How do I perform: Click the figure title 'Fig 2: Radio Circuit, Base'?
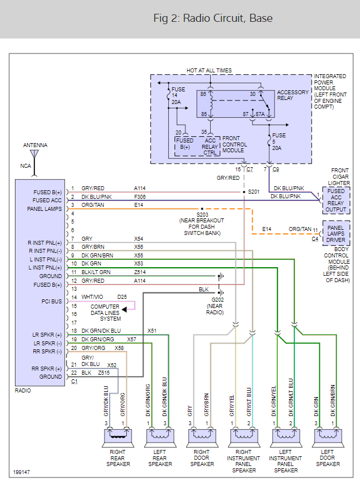(213, 18)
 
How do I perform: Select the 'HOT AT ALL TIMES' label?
(209, 71)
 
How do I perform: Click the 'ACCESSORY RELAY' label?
(293, 95)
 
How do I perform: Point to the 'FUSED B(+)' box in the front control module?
(185, 144)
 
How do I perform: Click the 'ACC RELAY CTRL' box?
(211, 145)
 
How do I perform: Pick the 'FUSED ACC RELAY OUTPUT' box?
(336, 199)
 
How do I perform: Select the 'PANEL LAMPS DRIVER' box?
(336, 232)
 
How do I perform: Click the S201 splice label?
(254, 191)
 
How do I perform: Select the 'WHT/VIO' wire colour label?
(92, 297)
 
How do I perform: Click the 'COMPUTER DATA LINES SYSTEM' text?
(106, 313)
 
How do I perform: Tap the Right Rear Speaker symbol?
(118, 437)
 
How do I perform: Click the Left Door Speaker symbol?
(328, 437)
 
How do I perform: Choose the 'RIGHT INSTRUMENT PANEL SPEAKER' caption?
(244, 461)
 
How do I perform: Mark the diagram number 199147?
(22, 473)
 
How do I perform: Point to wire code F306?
(141, 197)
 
